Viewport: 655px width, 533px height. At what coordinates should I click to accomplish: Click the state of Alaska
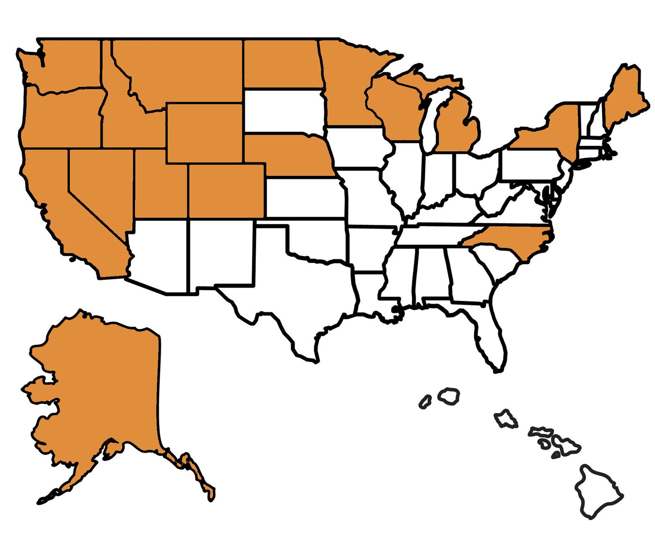(x=100, y=393)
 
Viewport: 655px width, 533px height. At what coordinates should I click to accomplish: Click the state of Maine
(x=624, y=96)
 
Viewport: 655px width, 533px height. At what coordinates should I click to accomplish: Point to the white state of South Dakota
(x=284, y=111)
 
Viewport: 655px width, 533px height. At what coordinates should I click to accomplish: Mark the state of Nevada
(x=98, y=183)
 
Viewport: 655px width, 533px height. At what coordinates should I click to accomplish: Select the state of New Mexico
(x=221, y=253)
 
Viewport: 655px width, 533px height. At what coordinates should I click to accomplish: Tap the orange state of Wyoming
(x=204, y=133)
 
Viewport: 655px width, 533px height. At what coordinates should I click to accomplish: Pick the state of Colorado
(x=226, y=191)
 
